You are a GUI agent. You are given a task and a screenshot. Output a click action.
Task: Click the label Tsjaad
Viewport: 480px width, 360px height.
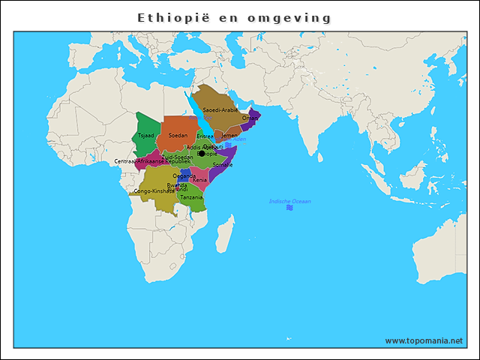[x=146, y=135]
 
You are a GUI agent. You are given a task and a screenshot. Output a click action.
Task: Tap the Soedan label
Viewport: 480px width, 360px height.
[x=178, y=135]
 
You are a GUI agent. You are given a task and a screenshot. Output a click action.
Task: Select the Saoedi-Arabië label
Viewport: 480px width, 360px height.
[x=220, y=110]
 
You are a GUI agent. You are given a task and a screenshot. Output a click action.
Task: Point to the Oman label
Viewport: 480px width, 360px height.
[x=250, y=118]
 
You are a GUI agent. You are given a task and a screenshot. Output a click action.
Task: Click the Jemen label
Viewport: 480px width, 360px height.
[x=229, y=136]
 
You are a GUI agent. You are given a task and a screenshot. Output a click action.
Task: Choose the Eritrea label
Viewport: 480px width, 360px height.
[x=205, y=136]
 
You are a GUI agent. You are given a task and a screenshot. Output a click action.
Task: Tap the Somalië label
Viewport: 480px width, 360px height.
[x=223, y=164]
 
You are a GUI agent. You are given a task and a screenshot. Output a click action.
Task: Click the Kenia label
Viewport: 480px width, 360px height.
[x=199, y=180]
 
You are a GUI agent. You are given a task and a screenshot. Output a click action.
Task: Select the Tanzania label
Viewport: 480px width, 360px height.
[x=191, y=197]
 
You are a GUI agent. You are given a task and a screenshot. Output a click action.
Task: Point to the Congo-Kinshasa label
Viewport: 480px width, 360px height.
[x=154, y=191]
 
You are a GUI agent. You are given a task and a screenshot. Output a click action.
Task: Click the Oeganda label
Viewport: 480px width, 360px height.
[x=184, y=175]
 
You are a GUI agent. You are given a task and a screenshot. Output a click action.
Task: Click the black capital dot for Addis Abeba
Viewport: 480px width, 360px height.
[x=201, y=153]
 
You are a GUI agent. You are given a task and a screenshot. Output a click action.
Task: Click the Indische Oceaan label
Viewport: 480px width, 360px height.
[x=289, y=202]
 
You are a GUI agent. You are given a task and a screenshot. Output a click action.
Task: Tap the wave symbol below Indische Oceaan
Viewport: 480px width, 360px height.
[x=289, y=208]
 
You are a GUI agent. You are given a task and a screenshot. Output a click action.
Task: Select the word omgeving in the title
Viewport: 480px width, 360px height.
[x=293, y=17]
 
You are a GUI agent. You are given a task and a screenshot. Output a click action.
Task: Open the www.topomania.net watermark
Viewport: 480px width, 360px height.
[x=424, y=340]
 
